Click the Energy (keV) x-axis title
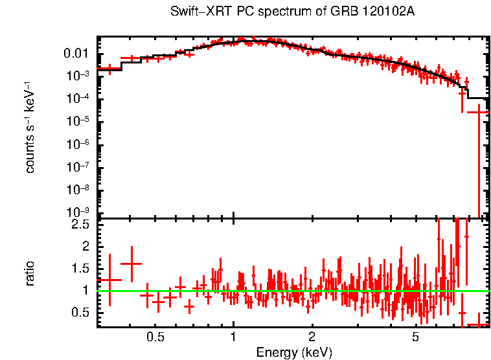click(294, 352)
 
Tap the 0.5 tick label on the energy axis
click(155, 337)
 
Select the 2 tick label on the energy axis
click(312, 337)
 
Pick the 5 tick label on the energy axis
click(415, 337)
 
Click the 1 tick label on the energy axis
click(233, 337)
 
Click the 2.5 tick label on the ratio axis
click(81, 224)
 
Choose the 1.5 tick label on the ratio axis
click(81, 268)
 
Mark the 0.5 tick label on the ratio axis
click(81, 312)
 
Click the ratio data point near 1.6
click(131, 264)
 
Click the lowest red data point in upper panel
click(479, 113)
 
